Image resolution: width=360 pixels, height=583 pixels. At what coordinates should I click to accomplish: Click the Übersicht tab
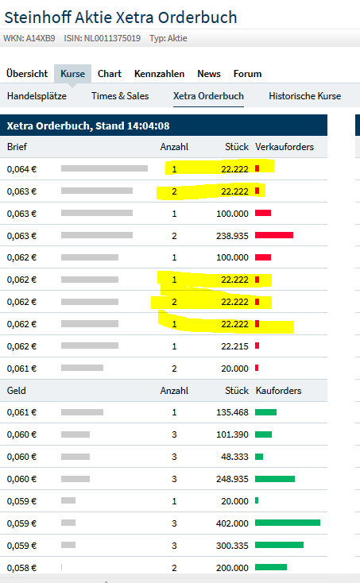click(26, 74)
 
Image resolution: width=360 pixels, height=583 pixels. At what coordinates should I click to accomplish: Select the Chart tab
click(110, 74)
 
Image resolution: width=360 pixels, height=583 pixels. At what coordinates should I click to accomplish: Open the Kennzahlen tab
click(159, 74)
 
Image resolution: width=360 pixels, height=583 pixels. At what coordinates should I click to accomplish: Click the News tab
click(209, 74)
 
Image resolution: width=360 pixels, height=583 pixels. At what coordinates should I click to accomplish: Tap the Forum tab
click(247, 74)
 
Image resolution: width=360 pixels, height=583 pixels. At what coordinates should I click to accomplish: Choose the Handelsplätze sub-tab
click(37, 96)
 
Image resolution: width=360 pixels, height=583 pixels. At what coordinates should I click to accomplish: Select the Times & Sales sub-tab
click(120, 96)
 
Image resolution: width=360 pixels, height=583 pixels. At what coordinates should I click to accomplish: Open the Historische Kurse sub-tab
click(304, 96)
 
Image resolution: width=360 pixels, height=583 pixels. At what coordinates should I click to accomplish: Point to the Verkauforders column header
click(285, 147)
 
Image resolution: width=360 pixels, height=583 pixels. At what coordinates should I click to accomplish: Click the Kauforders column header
click(278, 391)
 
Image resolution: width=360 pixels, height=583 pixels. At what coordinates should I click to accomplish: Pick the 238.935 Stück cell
click(231, 235)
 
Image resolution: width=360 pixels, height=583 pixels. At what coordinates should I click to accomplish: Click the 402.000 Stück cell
click(232, 523)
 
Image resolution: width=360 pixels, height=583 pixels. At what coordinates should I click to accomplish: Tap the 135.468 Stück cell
click(232, 412)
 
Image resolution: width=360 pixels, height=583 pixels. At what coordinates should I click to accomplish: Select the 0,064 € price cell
click(21, 169)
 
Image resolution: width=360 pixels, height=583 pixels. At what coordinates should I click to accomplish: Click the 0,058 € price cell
click(21, 567)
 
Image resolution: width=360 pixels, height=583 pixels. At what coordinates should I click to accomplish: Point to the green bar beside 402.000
click(288, 523)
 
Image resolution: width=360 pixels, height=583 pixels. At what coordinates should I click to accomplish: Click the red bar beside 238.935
click(274, 235)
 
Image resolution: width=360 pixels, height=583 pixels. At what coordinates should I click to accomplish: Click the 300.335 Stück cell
click(232, 545)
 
